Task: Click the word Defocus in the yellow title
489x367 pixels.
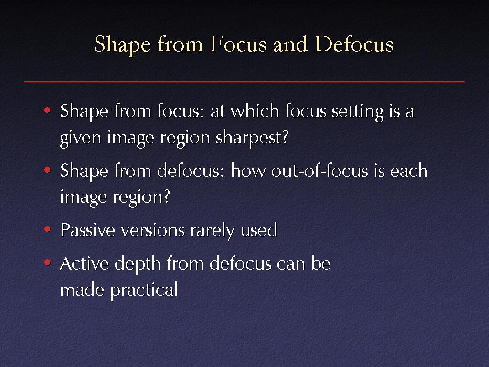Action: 354,44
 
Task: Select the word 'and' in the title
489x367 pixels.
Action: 291,44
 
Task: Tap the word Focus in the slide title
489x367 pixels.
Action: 238,44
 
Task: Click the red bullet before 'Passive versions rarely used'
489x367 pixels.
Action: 47,229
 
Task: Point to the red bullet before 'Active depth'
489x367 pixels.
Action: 47,263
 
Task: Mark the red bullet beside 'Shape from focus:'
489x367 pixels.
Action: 47,110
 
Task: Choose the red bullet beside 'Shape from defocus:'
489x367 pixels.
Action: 47,170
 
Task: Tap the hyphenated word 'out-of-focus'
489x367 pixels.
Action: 319,171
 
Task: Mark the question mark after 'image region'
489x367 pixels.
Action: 167,196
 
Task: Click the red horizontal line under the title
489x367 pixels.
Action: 244,82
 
